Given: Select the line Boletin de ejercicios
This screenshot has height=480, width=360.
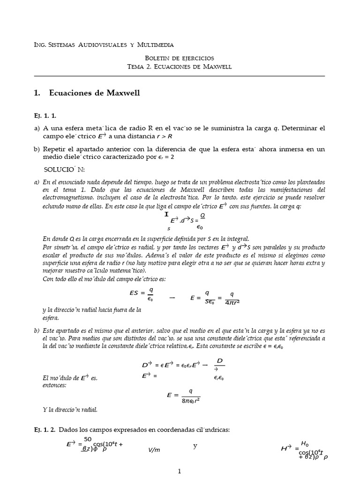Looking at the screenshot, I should point(180,58).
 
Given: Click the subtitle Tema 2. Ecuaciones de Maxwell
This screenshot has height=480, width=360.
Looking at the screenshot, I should point(180,67).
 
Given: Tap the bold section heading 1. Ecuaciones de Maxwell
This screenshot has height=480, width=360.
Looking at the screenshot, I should point(87,93).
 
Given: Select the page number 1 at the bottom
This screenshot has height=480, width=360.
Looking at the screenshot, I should point(180,472).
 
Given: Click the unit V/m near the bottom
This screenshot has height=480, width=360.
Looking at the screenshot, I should point(154,450).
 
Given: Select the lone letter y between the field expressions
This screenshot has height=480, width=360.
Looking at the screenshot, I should point(195,445).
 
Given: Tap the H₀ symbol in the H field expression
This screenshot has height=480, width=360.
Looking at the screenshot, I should point(305,443).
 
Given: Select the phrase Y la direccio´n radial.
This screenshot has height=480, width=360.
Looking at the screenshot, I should point(70,410).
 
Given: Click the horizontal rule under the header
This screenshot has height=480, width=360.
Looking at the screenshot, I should point(180,75).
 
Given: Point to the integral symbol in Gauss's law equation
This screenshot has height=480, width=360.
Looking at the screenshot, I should point(166,214).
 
